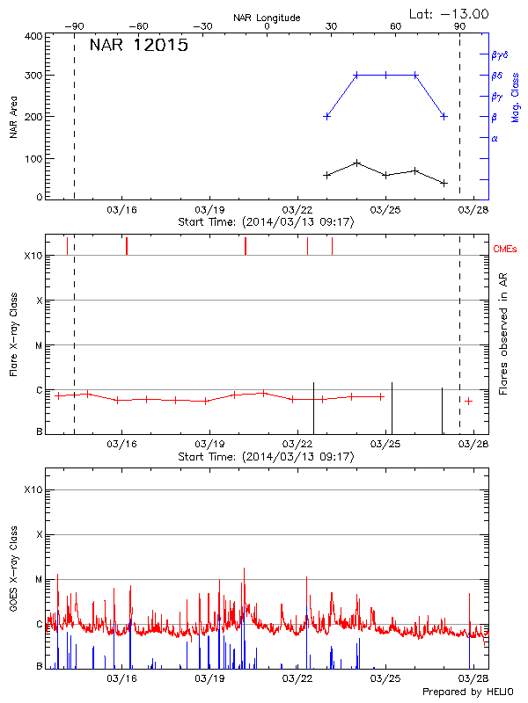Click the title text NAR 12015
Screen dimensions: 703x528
139,45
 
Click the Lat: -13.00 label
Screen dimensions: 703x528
450,13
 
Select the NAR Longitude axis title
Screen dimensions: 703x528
267,18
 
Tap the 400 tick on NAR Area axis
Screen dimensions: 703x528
33,37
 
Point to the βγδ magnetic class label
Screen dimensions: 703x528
500,54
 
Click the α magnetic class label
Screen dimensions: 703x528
495,138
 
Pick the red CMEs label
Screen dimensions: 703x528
507,250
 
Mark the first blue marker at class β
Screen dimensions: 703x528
327,116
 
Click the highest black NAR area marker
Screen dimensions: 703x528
356,163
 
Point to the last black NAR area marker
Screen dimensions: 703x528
444,183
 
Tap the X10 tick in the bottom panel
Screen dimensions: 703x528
33,489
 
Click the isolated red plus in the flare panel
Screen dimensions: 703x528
469,401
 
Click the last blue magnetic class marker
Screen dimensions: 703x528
444,116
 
